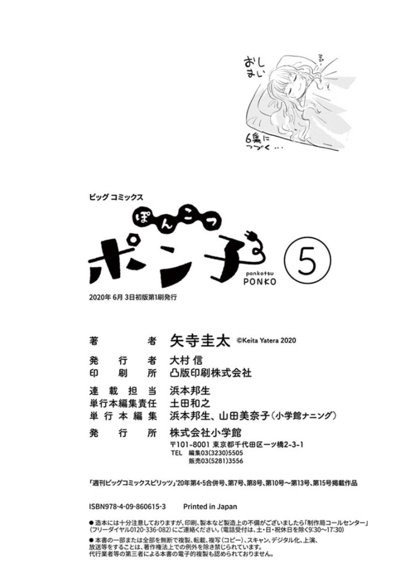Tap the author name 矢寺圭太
point(200,340)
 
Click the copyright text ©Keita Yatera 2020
point(266,340)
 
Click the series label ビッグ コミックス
point(116,197)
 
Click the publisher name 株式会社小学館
point(205,433)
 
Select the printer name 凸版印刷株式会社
point(211,373)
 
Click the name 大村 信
point(186,361)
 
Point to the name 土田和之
point(190,403)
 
